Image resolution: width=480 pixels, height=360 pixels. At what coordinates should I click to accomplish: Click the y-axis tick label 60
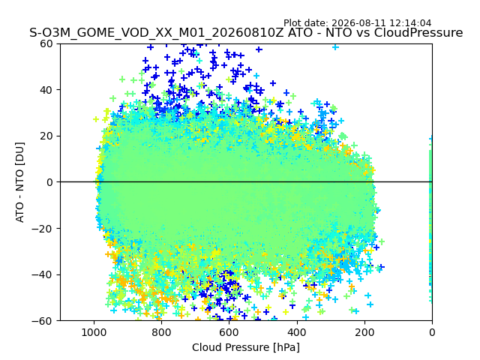coord(46,43)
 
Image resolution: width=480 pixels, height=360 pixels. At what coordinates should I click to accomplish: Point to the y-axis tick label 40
coord(46,90)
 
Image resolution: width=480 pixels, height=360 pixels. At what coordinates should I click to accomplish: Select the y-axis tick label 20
coord(46,136)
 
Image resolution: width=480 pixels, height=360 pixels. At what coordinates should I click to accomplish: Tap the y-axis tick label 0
coord(49,182)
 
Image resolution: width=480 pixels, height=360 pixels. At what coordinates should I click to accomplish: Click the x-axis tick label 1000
coord(94,332)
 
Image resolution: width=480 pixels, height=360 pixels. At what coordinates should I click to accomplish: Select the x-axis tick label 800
coord(162,332)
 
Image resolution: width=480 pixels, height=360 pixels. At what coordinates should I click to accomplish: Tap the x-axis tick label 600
coord(229,332)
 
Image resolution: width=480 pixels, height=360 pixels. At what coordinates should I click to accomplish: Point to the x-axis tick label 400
coord(297,332)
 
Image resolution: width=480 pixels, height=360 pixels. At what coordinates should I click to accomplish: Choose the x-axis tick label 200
coord(364,332)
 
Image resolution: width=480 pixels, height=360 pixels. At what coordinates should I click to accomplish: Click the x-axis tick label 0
coord(432,332)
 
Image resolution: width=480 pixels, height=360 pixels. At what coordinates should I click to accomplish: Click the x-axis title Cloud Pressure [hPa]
coord(246,348)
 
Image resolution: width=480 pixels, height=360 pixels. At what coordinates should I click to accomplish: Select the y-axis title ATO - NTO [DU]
coord(20,182)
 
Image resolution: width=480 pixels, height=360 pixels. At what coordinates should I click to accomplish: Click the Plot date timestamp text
coord(357,23)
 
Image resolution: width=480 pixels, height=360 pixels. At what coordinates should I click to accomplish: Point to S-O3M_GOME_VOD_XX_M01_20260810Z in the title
coord(157,33)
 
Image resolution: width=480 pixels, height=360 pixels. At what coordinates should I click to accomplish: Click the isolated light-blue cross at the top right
coord(335,47)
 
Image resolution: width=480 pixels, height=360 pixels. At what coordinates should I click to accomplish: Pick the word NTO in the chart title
coord(338,33)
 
